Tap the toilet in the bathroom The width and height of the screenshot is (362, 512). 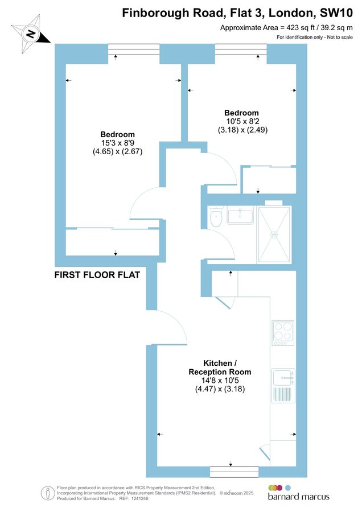pyautogui.click(x=216, y=217)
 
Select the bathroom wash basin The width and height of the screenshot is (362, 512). pyautogui.click(x=240, y=216)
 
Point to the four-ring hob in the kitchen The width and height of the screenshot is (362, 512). pyautogui.click(x=282, y=333)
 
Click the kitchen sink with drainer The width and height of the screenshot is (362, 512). pyautogui.click(x=283, y=385)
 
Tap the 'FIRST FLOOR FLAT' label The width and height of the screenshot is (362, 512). pyautogui.click(x=97, y=275)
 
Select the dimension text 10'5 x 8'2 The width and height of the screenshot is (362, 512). pyautogui.click(x=241, y=121)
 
